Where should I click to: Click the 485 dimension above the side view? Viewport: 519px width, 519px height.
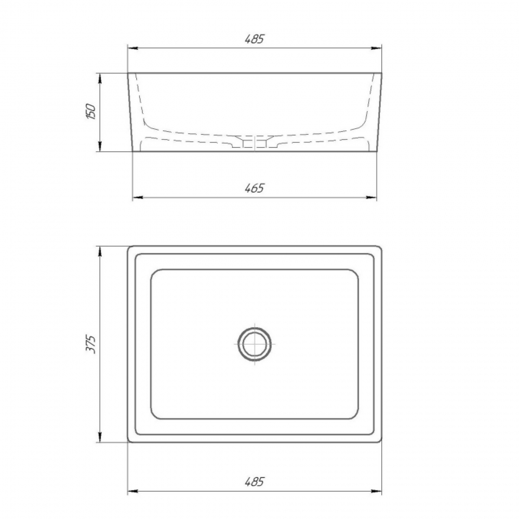click(254, 39)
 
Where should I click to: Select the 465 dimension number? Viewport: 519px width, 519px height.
click(254, 188)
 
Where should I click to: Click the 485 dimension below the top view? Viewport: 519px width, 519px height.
click(254, 481)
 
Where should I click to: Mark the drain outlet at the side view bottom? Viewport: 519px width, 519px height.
click(255, 144)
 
